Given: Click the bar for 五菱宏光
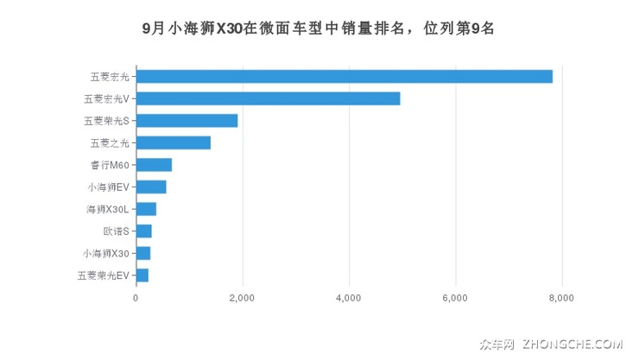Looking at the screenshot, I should pyautogui.click(x=344, y=77).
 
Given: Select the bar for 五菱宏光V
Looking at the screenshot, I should pyautogui.click(x=268, y=98).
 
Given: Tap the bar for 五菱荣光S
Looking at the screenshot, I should pyautogui.click(x=187, y=121).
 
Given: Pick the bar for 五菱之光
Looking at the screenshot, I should pyautogui.click(x=173, y=142).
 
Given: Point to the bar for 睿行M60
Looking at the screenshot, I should pyautogui.click(x=154, y=165).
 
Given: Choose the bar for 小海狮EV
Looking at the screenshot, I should pyautogui.click(x=151, y=187).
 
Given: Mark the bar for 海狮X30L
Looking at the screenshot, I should pyautogui.click(x=146, y=209).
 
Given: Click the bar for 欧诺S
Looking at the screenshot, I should pyautogui.click(x=143, y=231).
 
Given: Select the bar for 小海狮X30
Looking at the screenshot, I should pyautogui.click(x=142, y=253).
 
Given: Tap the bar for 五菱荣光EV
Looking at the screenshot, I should pyautogui.click(x=142, y=275).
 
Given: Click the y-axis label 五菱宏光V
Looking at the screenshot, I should pyautogui.click(x=105, y=98).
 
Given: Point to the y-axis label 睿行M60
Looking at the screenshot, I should pyautogui.click(x=108, y=165).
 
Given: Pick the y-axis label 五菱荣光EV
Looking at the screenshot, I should pyautogui.click(x=103, y=275).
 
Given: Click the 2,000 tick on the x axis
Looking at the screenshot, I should pyautogui.click(x=243, y=299).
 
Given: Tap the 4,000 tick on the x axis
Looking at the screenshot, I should pyautogui.click(x=349, y=299).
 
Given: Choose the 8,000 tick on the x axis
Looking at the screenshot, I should pyautogui.click(x=562, y=299).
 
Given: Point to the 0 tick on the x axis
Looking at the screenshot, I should pyautogui.click(x=136, y=299).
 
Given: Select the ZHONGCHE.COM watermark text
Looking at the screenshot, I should pyautogui.click(x=577, y=344).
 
